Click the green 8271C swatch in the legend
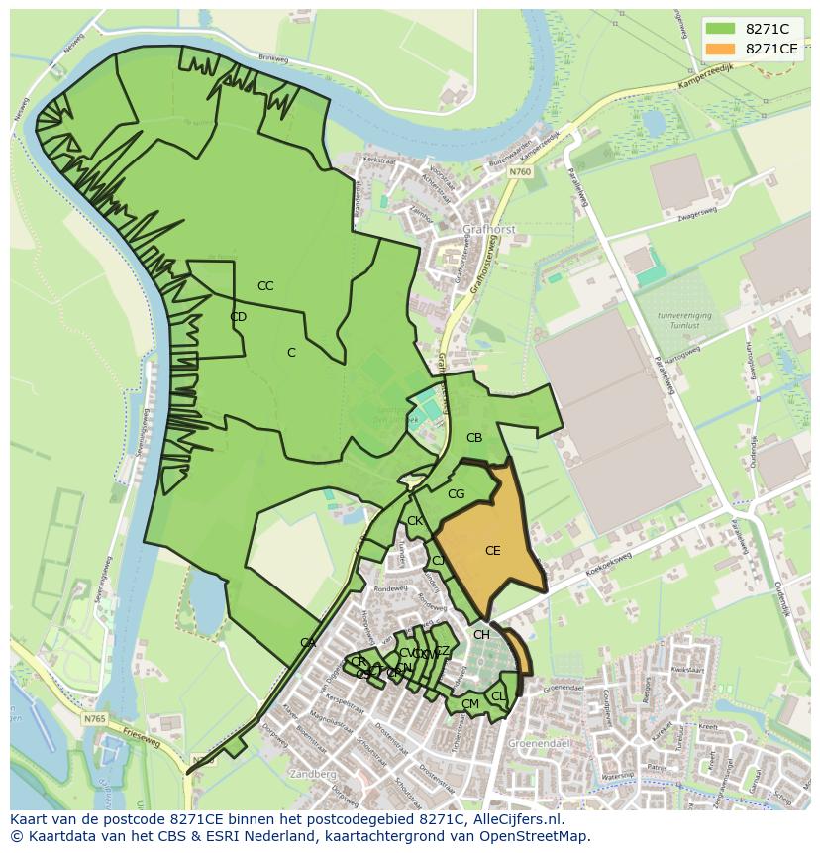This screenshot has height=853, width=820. tap(721, 28)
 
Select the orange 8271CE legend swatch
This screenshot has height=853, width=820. tap(721, 49)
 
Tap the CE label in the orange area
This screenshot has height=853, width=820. tap(492, 551)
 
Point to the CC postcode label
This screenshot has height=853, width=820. tap(265, 286)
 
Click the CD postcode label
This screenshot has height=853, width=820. tap(238, 317)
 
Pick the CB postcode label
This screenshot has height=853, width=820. tap(474, 438)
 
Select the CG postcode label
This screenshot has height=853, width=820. tap(456, 494)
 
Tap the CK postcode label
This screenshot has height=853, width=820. tap(415, 521)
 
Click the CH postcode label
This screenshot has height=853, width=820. tap(481, 635)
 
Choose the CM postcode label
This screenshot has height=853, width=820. tap(469, 704)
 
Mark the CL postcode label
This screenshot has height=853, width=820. tap(498, 696)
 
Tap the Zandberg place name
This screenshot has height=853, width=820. tap(315, 774)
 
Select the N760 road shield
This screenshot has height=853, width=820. tap(520, 171)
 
